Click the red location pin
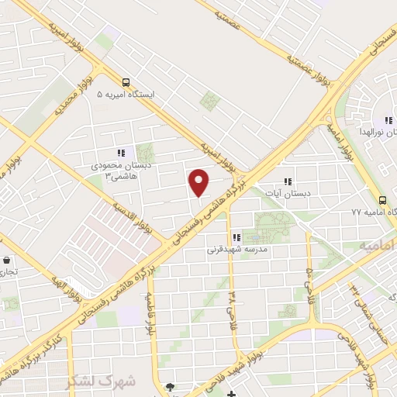point(199,182)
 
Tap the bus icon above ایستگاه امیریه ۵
point(126,81)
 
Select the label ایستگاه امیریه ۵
point(126,94)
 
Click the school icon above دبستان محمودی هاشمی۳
point(120,153)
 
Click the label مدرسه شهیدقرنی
point(236,250)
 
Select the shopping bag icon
point(7,261)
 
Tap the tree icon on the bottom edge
point(170,388)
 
